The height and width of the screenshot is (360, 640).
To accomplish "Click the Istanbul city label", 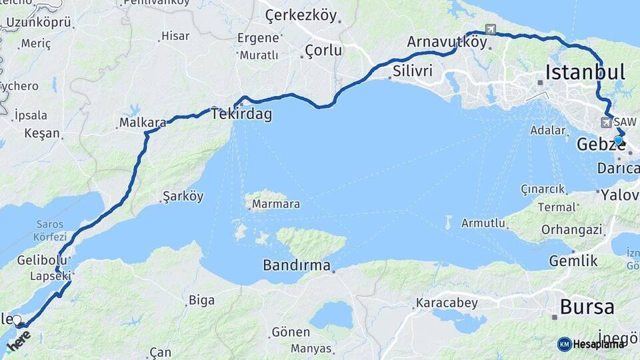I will point(585,72).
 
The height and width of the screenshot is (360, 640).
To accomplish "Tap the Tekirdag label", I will point(241,114).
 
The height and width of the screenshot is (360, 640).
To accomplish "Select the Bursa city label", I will point(587,307).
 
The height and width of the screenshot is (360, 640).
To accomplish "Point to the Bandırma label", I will point(297,265).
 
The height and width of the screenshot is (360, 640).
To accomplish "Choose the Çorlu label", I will point(323,50).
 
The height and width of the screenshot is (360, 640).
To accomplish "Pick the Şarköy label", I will point(183,196).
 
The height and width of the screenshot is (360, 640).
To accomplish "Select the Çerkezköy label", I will point(301,14).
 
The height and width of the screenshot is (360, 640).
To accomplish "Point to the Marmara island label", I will point(275,204).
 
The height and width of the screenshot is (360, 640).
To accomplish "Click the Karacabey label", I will point(447,303).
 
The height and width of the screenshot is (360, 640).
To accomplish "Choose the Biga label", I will point(201,300).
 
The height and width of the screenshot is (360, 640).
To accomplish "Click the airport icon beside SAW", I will point(606,123).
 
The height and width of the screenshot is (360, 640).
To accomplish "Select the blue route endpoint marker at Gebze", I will point(619,141).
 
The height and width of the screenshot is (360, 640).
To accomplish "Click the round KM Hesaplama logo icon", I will point(565,344).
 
